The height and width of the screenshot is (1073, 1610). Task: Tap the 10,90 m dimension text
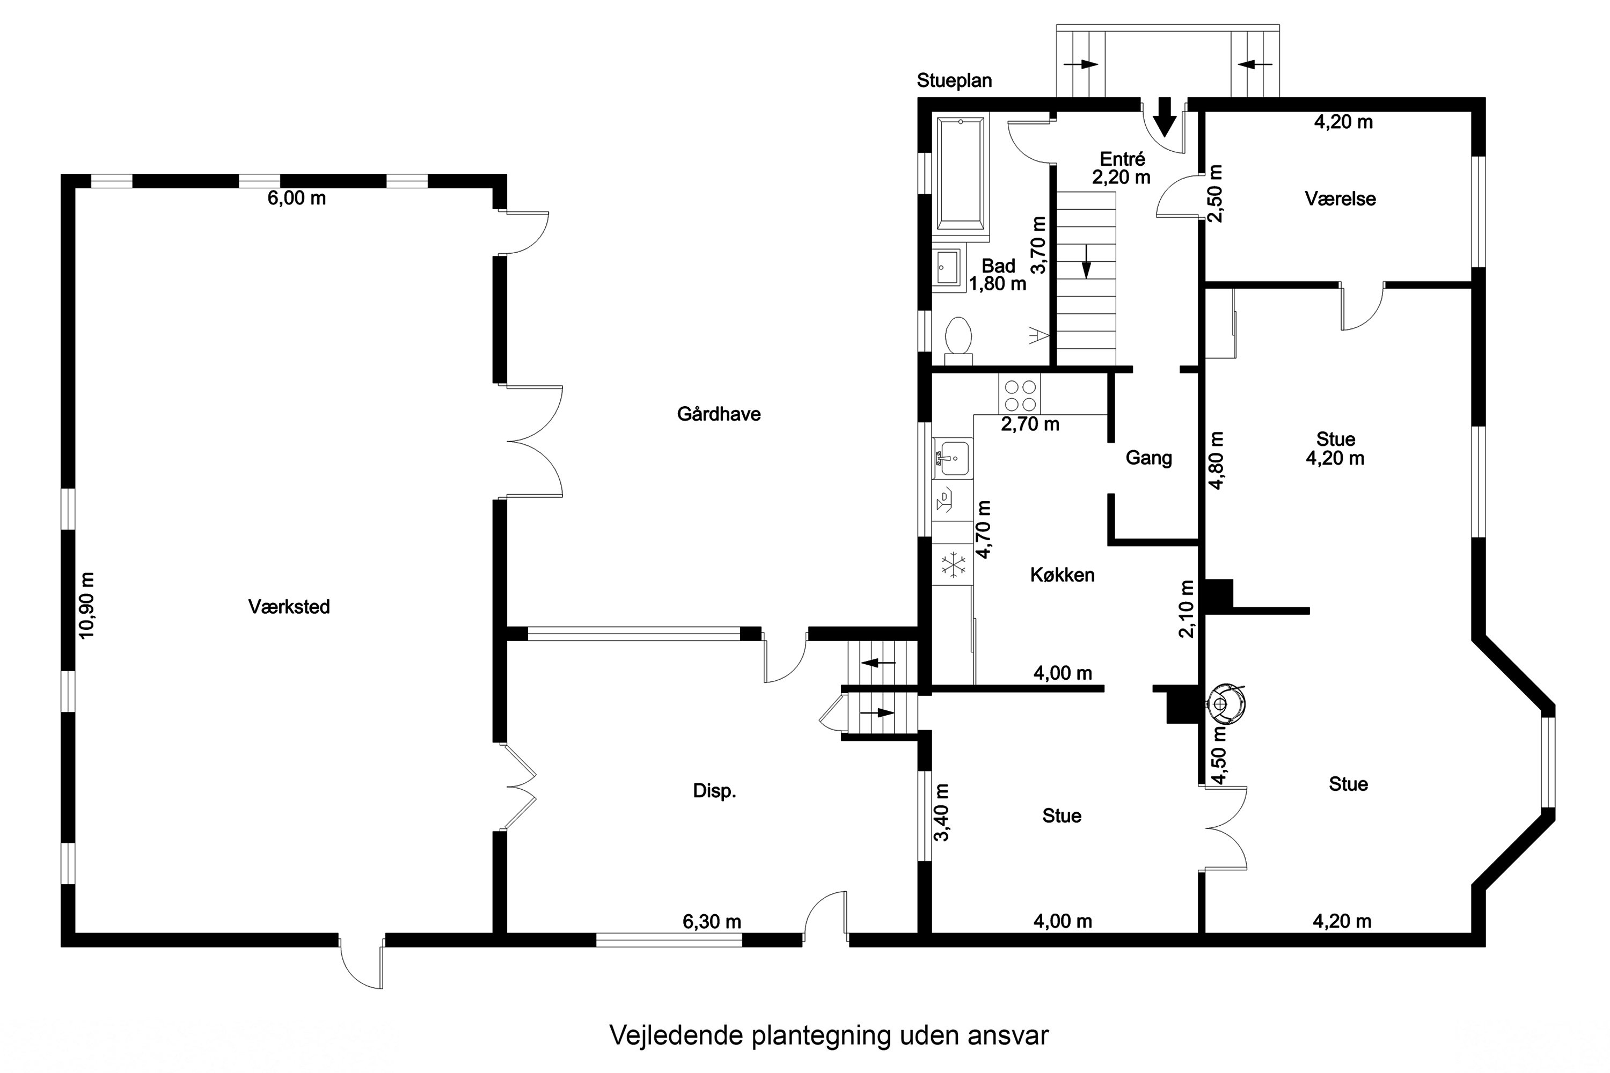pos(87,606)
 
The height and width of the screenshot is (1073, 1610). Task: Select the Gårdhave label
pos(719,414)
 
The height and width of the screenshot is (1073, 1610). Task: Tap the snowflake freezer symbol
pos(953,565)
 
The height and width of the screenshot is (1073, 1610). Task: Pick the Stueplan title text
pos(954,81)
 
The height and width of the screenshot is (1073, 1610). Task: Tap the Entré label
pos(1122,159)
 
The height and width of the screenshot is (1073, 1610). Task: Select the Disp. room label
pos(714,791)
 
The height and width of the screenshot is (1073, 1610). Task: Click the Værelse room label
pos(1340,199)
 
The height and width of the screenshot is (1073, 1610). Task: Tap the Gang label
pos(1148,458)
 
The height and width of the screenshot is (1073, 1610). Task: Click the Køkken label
pos(1062,575)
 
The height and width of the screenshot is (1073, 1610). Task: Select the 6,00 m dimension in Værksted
pos(296,199)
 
